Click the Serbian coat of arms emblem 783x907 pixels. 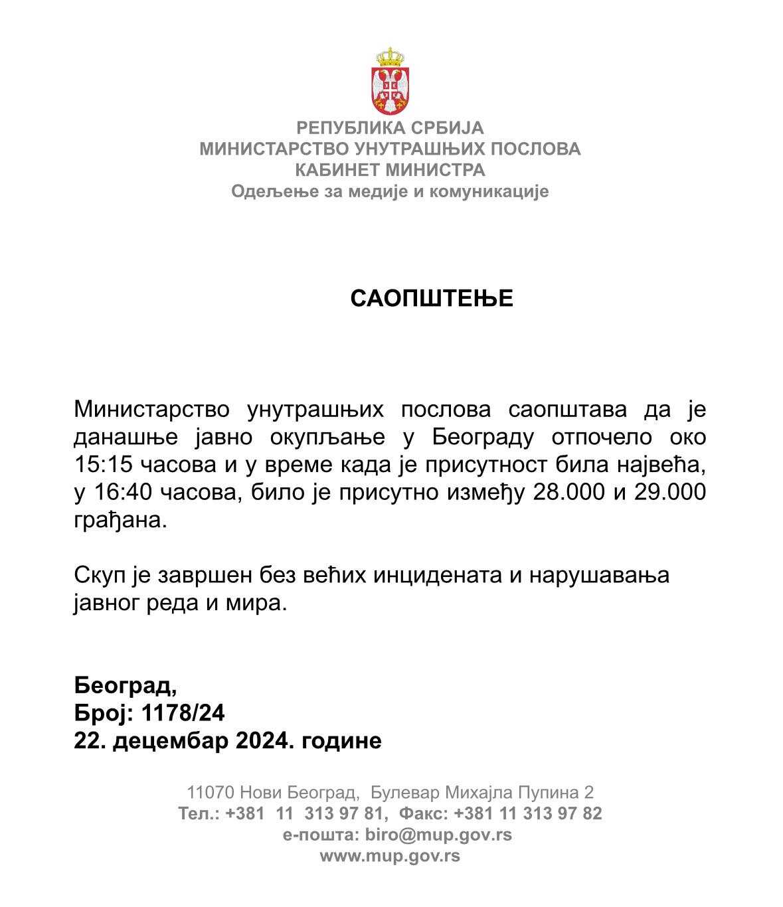(x=391, y=81)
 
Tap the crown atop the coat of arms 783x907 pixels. (x=391, y=56)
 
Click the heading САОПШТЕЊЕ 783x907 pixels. (x=432, y=299)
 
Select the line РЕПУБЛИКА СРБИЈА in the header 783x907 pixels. (x=391, y=127)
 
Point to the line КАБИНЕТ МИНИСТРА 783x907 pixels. (x=391, y=170)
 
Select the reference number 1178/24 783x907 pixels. (x=183, y=713)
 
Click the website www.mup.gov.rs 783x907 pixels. (x=391, y=855)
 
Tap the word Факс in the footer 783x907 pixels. (x=426, y=813)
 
